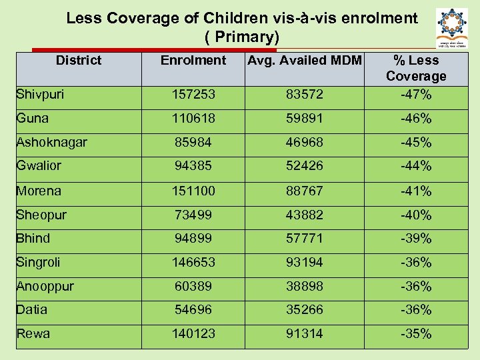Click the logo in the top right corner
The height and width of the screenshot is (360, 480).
(451, 27)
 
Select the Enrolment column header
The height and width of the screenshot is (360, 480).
(193, 61)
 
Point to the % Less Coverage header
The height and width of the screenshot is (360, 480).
(416, 68)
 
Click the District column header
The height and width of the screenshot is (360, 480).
(79, 61)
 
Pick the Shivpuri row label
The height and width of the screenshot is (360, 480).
(40, 95)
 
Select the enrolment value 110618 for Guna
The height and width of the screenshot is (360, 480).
(193, 119)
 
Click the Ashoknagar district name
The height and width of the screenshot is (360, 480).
(51, 143)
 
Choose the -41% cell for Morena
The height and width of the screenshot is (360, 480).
(416, 191)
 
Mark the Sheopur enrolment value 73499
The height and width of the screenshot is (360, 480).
(193, 215)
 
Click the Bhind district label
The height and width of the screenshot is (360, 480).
(33, 239)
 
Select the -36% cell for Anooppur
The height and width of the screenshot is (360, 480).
(416, 287)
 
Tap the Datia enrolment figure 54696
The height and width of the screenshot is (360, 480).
(193, 310)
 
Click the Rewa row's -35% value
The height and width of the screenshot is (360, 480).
(416, 334)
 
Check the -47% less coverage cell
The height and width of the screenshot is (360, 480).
(416, 95)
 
